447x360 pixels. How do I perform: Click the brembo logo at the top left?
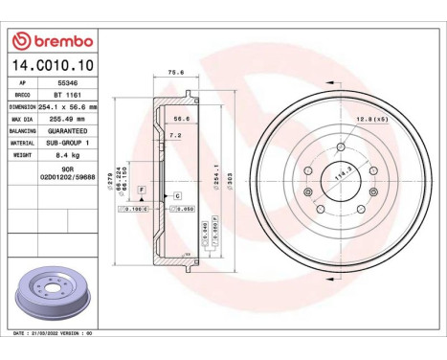tap(50, 41)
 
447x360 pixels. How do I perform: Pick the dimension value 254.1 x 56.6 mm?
tap(68, 107)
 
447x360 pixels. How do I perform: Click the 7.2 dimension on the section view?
tap(174, 136)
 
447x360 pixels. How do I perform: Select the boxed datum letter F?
tap(141, 191)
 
